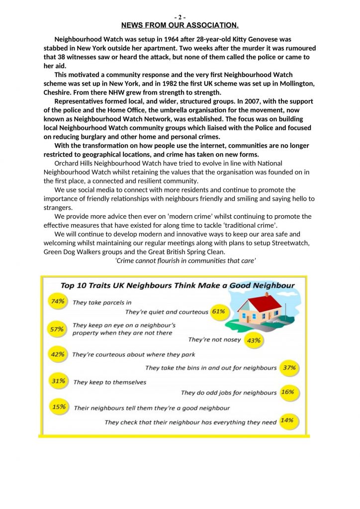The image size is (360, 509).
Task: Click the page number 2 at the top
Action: pyautogui.click(x=180, y=17)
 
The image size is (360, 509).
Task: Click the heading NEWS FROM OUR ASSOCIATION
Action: pyautogui.click(x=180, y=25)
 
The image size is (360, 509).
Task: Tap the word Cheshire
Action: pyautogui.click(x=59, y=92)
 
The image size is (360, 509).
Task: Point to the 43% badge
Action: pyautogui.click(x=254, y=340)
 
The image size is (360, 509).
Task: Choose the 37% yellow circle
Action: pyautogui.click(x=289, y=368)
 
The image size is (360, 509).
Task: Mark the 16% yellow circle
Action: pyautogui.click(x=287, y=392)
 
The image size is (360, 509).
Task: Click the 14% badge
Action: pyautogui.click(x=287, y=421)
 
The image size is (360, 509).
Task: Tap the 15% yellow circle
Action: pyautogui.click(x=59, y=407)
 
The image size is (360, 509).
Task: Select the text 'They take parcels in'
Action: pyautogui.click(x=102, y=302)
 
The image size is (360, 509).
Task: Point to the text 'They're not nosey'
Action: pyautogui.click(x=214, y=340)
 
